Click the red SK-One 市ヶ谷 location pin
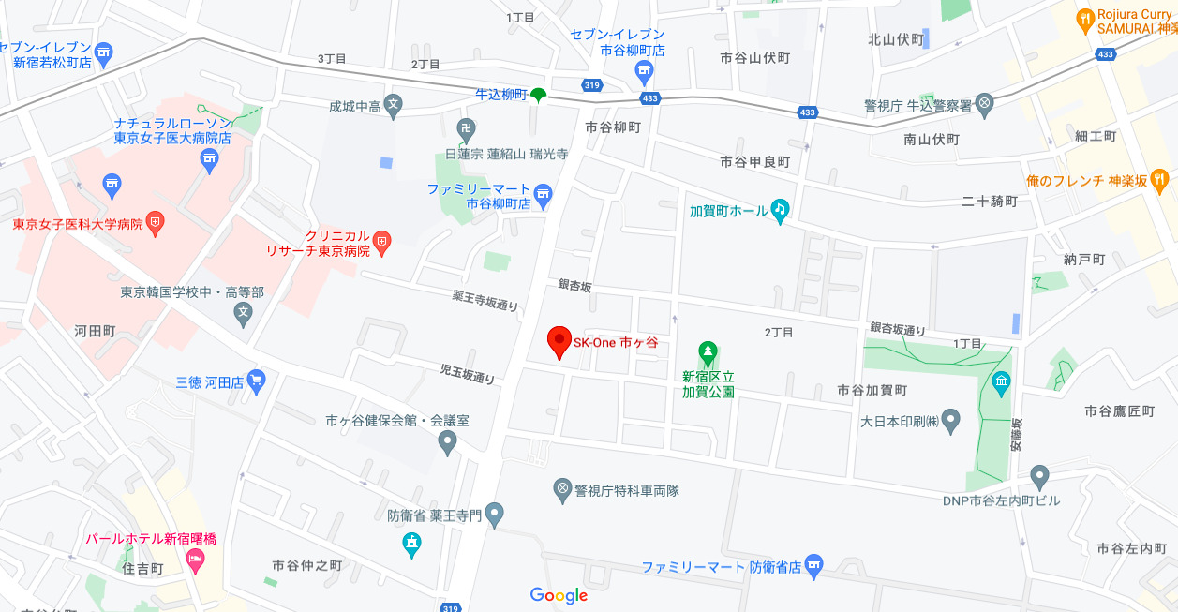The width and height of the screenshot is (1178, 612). (559, 342)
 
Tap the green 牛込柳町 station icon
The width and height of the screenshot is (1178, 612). (538, 95)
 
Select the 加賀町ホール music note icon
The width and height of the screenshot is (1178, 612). (780, 210)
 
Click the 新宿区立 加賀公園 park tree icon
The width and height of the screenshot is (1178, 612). (708, 352)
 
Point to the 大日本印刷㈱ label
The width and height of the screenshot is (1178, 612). (900, 421)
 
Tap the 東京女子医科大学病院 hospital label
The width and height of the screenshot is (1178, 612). (78, 225)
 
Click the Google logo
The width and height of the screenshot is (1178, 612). (559, 595)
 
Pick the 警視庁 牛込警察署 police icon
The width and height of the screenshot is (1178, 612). (984, 105)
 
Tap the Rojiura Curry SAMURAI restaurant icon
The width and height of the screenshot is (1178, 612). (1084, 18)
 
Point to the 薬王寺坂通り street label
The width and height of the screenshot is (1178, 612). (485, 300)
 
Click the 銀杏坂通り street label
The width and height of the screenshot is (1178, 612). (897, 329)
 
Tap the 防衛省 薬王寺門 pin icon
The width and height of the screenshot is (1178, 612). (495, 514)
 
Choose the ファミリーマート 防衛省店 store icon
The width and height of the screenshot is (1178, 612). (813, 565)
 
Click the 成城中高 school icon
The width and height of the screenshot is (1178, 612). (394, 107)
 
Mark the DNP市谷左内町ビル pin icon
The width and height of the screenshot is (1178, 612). (1038, 476)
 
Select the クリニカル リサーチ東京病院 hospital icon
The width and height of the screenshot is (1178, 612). (381, 243)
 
